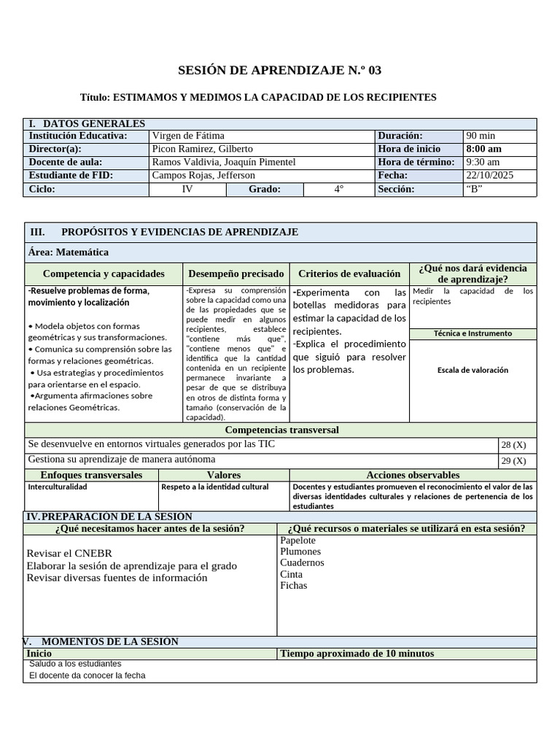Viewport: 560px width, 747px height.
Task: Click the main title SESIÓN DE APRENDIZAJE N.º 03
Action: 279,71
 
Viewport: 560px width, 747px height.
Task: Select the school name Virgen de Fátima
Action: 188,136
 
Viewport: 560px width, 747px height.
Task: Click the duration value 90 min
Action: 481,136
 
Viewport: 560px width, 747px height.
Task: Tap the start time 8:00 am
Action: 483,149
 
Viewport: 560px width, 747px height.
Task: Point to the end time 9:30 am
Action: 483,162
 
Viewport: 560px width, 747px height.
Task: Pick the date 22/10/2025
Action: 490,176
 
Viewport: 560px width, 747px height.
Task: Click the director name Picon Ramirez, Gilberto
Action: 202,149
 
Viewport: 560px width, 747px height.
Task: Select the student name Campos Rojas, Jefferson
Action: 203,176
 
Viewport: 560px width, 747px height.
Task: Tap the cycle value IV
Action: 187,189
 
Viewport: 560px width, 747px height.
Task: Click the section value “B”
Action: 474,189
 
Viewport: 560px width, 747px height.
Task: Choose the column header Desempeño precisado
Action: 236,274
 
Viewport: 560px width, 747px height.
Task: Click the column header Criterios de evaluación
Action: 349,274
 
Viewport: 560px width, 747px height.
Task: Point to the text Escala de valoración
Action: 472,370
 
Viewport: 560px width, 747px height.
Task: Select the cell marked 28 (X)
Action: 513,445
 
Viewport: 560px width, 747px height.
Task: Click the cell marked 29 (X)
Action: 513,460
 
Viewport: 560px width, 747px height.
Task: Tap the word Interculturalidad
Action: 58,487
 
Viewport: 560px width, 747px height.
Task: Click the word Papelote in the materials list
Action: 297,541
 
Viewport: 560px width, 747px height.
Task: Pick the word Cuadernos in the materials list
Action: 302,562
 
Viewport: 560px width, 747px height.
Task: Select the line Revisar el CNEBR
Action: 69,554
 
